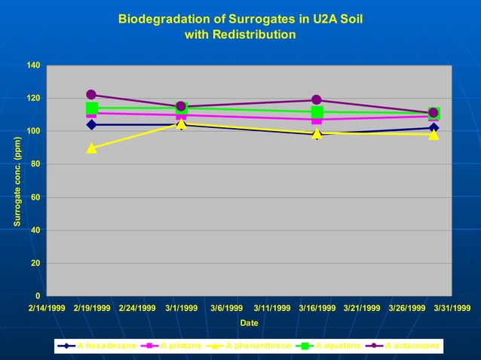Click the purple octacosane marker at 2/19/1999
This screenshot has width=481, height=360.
tap(91, 95)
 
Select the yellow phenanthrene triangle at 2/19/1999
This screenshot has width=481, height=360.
tap(91, 148)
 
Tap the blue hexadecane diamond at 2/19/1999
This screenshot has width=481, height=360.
tap(91, 125)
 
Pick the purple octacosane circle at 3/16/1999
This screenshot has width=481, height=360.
tap(317, 100)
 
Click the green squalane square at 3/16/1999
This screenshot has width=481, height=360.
tap(317, 112)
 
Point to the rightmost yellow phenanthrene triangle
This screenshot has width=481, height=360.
tap(434, 134)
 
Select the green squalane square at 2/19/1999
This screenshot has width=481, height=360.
tap(91, 108)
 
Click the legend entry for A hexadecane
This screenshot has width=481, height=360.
tap(98, 346)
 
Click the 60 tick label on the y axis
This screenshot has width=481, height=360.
tap(35, 197)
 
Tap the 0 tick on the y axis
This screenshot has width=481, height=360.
tap(37, 296)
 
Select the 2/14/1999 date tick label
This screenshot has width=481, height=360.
tap(47, 308)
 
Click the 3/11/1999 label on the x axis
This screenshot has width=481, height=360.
tap(271, 308)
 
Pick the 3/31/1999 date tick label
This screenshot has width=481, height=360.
tap(451, 308)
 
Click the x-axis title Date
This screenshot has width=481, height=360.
tap(249, 322)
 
